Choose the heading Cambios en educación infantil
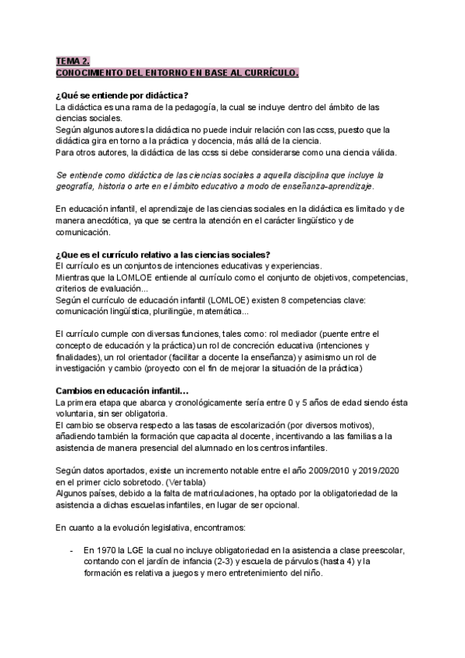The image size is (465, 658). pos(116,390)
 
